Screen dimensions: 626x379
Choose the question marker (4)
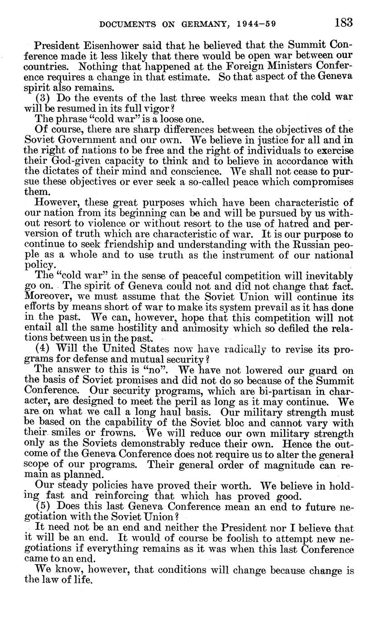[43, 348]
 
